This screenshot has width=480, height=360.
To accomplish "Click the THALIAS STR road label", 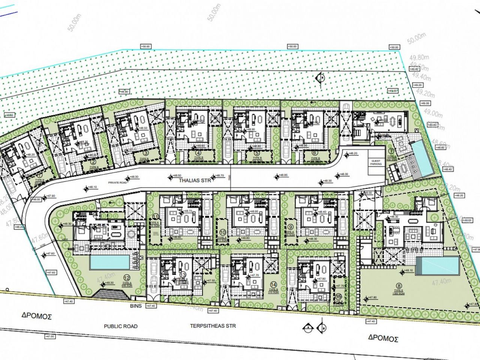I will [x=192, y=180].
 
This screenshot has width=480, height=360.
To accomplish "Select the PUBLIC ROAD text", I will [x=121, y=326].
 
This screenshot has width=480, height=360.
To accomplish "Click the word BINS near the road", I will [x=136, y=306].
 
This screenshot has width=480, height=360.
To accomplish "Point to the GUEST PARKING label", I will [x=376, y=162].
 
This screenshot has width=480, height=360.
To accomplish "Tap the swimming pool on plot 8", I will [x=438, y=265].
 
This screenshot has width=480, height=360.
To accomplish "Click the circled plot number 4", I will [x=198, y=153].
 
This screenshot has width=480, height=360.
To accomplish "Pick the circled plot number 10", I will [x=223, y=232].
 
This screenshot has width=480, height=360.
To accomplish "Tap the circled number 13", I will [x=183, y=275].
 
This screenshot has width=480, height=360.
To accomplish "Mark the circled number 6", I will [x=314, y=153].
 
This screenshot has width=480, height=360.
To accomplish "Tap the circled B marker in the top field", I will [x=321, y=78].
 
